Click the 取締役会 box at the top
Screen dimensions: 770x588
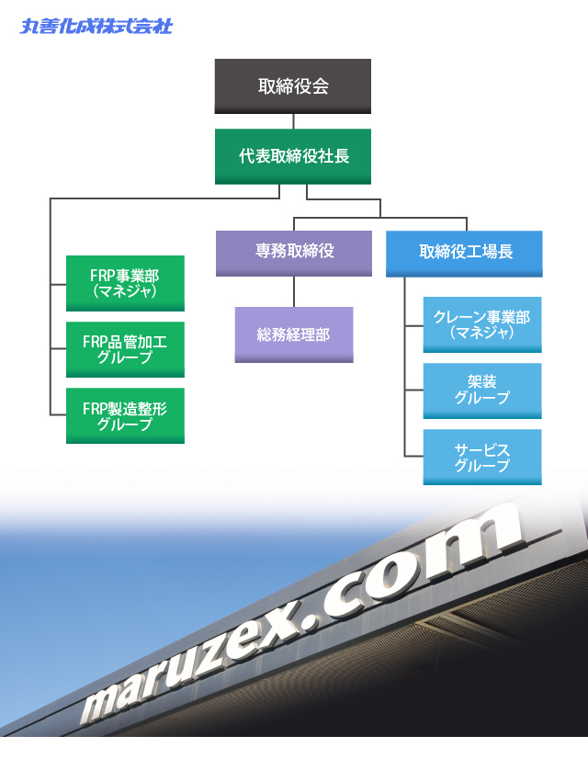click(293, 86)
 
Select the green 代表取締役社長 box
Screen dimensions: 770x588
click(293, 156)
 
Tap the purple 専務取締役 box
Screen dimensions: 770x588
click(294, 253)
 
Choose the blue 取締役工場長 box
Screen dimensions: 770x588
click(465, 253)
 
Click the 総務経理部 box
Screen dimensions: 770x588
click(294, 334)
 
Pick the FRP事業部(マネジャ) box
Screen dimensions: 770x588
click(125, 283)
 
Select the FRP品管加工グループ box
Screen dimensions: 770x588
click(125, 349)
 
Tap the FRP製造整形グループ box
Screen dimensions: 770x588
click(125, 415)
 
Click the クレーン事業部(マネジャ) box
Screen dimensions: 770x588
click(482, 324)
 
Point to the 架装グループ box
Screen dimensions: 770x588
click(482, 391)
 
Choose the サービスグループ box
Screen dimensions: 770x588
click(482, 457)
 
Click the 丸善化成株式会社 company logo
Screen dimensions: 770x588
click(96, 26)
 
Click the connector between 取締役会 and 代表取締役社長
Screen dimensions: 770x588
click(293, 121)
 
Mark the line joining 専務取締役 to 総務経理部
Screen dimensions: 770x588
click(294, 291)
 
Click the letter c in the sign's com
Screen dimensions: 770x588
click(387, 589)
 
